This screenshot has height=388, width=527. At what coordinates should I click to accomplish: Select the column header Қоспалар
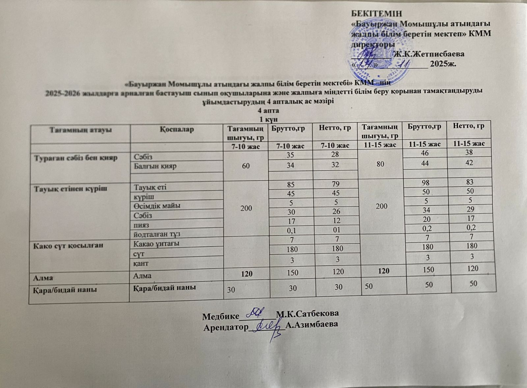tap(177, 129)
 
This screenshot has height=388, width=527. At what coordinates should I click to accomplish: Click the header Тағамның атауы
tap(81, 130)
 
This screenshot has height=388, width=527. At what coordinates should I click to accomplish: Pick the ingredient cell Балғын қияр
tap(155, 166)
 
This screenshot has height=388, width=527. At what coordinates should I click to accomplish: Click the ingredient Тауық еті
tap(150, 187)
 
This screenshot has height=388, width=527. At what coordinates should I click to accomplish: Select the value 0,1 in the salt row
tap(290, 229)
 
